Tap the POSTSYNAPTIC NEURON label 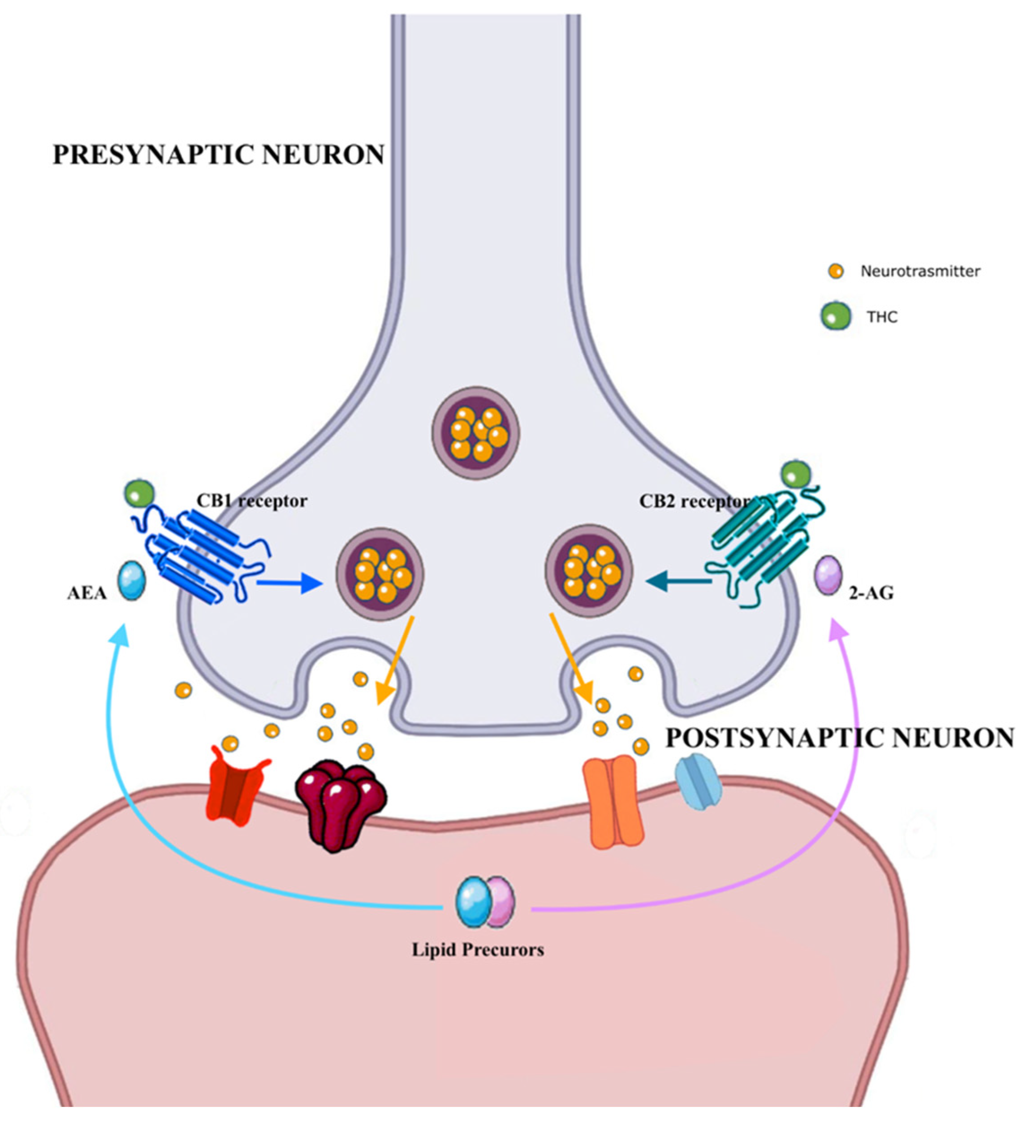(839, 738)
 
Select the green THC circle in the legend (835, 316)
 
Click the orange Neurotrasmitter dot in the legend (835, 271)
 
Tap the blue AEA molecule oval (131, 580)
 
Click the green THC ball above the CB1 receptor (139, 493)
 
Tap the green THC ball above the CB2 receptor (796, 475)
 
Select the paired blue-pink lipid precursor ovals (484, 902)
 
